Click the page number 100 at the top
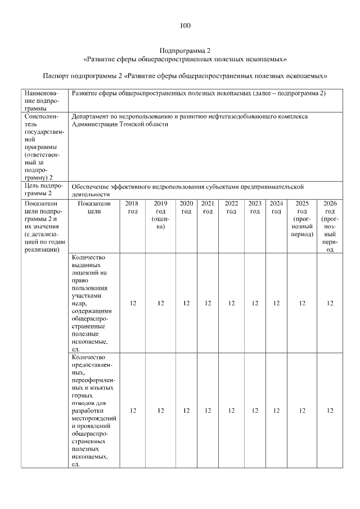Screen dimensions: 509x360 tap(185, 25)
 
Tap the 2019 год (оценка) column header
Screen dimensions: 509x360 tap(160, 215)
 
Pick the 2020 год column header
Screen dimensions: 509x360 tap(186, 208)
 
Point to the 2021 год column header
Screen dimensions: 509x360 tap(208, 208)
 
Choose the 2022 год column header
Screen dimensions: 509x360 tap(231, 208)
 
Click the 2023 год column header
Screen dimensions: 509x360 tap(255, 208)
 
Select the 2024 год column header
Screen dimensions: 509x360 tap(276, 208)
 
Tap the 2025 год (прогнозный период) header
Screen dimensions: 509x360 tap(302, 219)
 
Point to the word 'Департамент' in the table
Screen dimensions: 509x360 tap(93, 116)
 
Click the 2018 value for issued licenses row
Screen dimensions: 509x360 tap(133, 304)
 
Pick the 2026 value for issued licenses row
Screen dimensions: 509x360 tap(330, 304)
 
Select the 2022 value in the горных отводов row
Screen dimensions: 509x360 tap(231, 411)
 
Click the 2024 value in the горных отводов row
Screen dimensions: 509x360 tap(276, 411)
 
